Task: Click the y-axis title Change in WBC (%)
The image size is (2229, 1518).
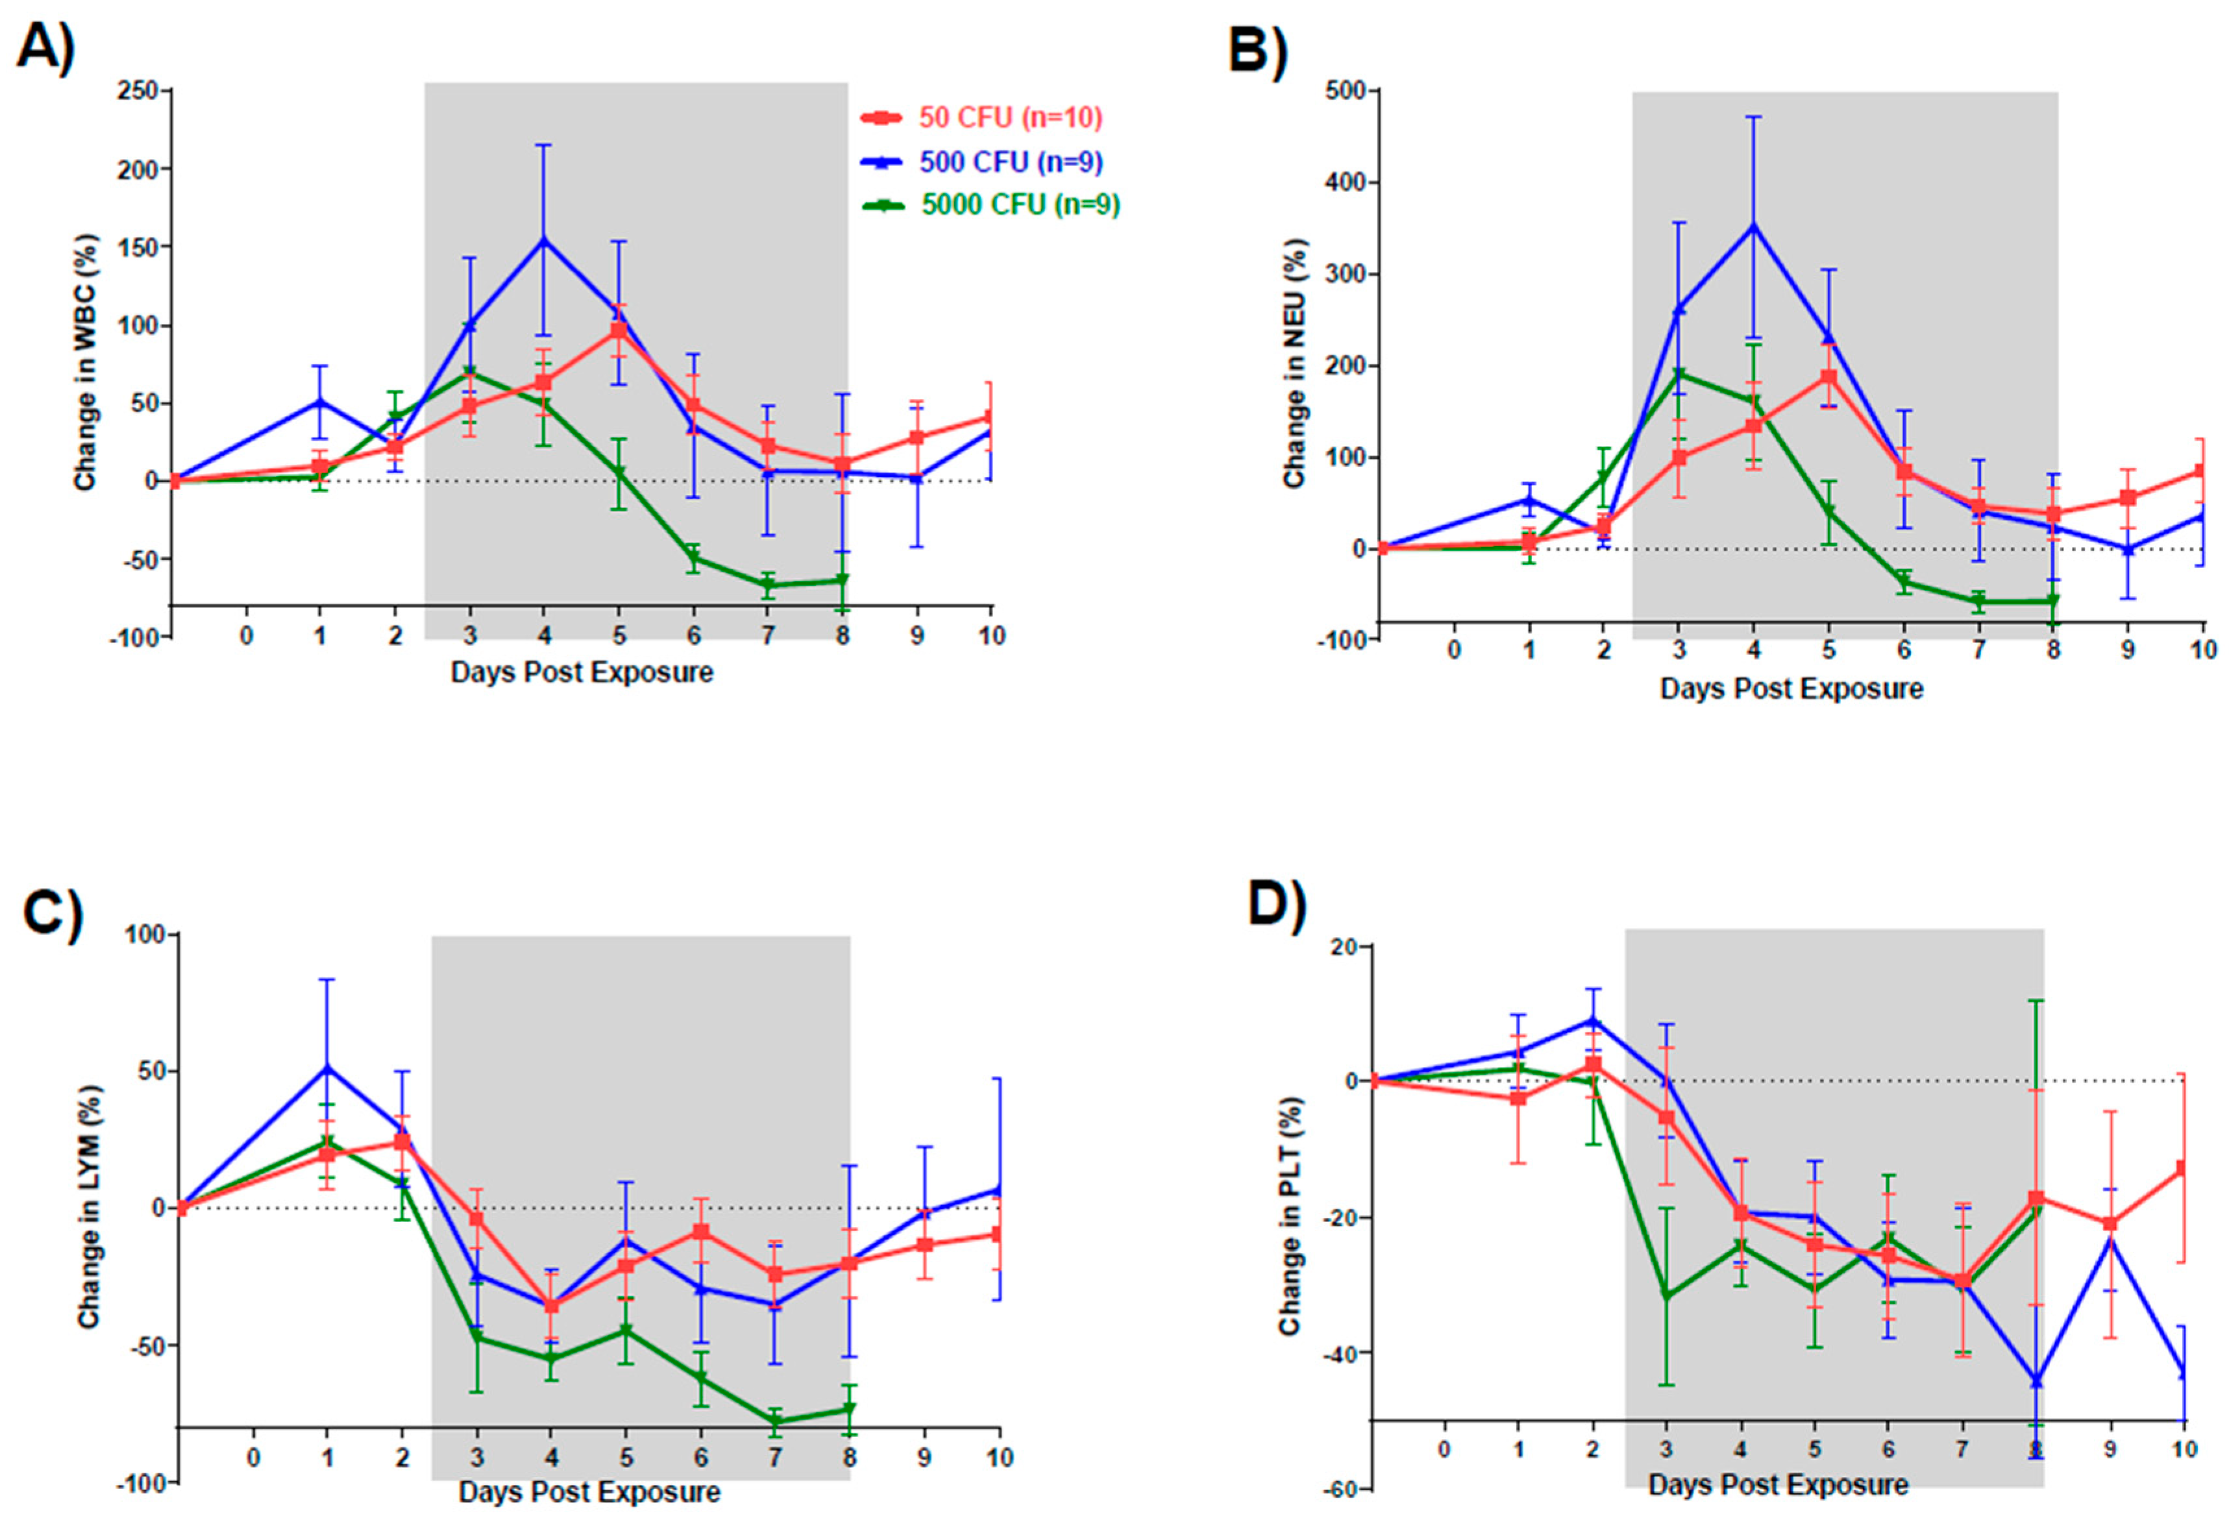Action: tap(86, 363)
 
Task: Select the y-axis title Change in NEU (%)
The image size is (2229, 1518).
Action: tap(1295, 363)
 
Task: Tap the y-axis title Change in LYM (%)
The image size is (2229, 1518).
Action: tap(89, 1207)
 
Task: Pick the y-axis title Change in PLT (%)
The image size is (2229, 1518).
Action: tap(1290, 1216)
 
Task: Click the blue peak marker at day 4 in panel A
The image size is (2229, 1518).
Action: tap(544, 239)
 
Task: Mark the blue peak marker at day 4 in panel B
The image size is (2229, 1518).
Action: tap(1753, 226)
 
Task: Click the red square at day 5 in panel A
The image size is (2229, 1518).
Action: tap(619, 331)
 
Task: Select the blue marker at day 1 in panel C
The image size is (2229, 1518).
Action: tap(328, 1068)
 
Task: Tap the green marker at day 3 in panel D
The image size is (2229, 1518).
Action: tap(1667, 1295)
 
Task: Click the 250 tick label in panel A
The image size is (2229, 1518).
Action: tap(137, 91)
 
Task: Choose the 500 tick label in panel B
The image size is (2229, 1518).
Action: tap(1345, 91)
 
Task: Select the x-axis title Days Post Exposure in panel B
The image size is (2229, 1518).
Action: tap(1792, 689)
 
